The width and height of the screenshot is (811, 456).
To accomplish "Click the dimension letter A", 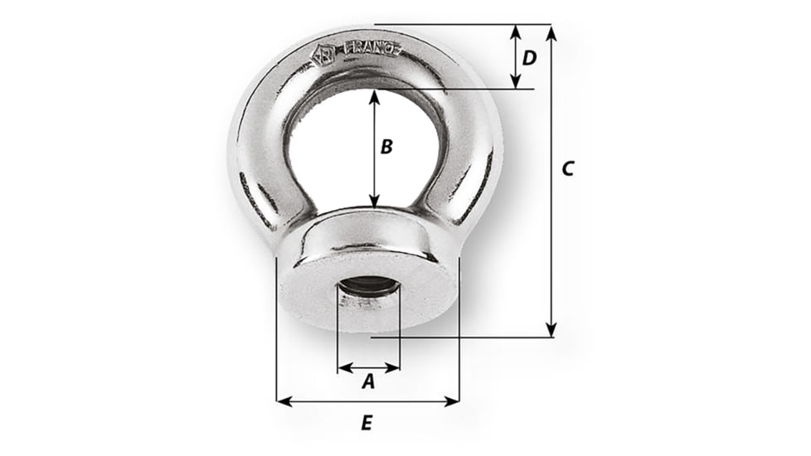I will click(x=369, y=382).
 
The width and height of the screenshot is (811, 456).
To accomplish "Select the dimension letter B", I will click(x=386, y=147).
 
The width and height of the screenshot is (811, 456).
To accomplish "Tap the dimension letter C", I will click(x=567, y=168).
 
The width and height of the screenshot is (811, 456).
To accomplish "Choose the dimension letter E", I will click(x=367, y=423).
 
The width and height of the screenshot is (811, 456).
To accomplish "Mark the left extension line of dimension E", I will click(x=276, y=332).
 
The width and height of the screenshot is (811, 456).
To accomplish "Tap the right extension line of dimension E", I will click(x=459, y=332).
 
